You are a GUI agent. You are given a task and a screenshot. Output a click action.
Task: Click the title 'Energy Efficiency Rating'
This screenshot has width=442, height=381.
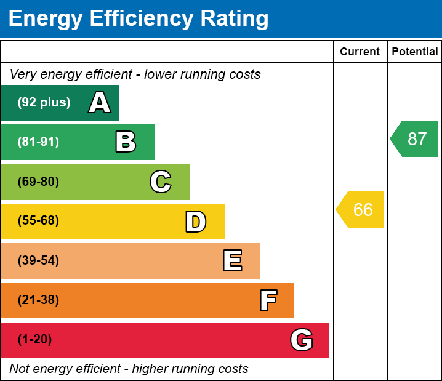click(x=139, y=19)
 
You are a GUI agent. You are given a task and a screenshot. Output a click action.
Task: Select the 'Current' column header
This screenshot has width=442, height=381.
click(x=360, y=52)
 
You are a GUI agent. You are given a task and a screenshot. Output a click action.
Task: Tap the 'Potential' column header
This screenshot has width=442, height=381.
click(x=415, y=52)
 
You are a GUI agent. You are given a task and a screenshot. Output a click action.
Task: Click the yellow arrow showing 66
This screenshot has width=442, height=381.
click(x=361, y=210)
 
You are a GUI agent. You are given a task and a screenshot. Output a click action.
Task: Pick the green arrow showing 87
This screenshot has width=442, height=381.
click(x=415, y=139)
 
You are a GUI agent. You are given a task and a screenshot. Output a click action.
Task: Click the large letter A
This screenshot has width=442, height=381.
click(x=100, y=103)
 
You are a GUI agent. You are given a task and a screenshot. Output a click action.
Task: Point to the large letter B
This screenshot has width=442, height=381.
click(x=126, y=142)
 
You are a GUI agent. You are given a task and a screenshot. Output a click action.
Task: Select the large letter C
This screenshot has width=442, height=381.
click(x=161, y=182)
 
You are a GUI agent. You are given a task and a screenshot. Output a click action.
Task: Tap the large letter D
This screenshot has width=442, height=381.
click(x=196, y=222)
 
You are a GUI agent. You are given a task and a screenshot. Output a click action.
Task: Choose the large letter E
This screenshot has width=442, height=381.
click(x=232, y=261)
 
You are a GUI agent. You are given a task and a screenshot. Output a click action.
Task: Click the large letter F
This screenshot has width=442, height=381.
click(x=268, y=300)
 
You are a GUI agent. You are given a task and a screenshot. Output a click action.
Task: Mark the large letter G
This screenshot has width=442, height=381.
click(x=302, y=340)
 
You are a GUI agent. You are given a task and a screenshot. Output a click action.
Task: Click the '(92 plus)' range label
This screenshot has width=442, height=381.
click(x=44, y=103)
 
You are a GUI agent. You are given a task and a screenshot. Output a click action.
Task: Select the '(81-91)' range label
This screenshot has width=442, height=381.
click(x=38, y=142)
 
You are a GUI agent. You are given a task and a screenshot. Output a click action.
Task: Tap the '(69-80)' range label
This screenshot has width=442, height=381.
click(x=38, y=182)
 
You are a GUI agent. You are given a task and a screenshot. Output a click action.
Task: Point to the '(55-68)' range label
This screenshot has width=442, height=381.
click(x=38, y=222)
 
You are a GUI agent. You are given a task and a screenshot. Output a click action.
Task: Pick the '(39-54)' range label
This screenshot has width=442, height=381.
click(x=38, y=261)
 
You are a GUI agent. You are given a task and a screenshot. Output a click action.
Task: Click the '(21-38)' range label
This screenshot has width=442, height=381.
click(x=38, y=300)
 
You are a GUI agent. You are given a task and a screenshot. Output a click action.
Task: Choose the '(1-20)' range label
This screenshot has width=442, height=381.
click(x=34, y=340)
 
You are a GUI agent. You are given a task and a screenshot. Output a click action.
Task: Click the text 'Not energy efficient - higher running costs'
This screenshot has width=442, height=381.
click(x=129, y=369)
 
